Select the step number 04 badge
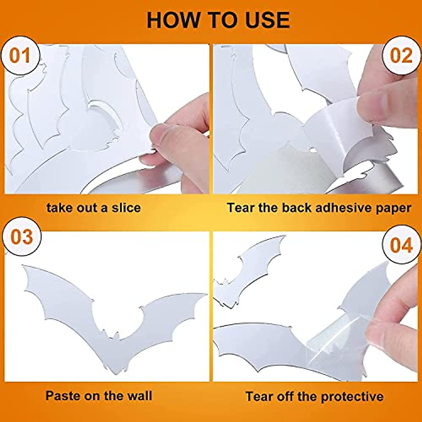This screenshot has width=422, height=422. point(401,245)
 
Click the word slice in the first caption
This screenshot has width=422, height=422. point(126,207)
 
